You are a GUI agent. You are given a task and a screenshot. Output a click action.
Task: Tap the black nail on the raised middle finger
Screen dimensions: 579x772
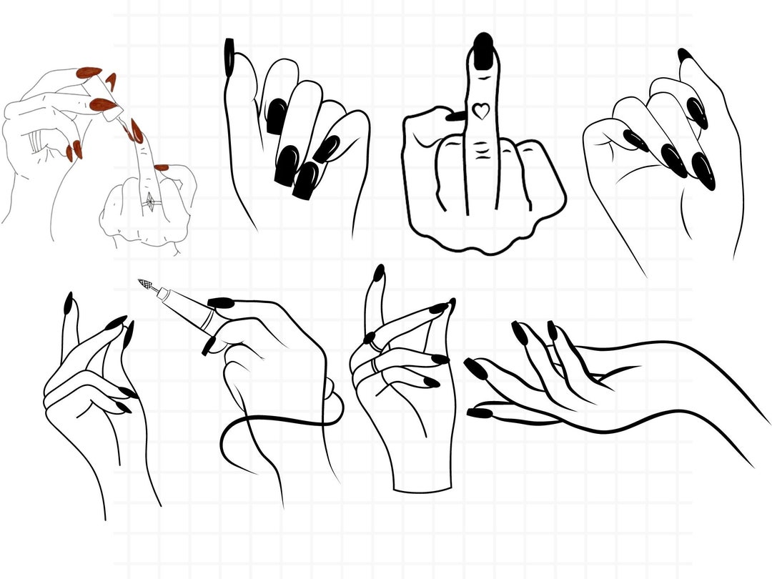pyautogui.click(x=484, y=51)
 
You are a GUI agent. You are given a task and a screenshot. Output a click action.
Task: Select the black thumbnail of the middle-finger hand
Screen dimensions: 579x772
pyautogui.click(x=455, y=116)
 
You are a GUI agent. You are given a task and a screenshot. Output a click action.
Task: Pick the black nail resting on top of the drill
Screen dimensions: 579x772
pyautogui.click(x=220, y=303)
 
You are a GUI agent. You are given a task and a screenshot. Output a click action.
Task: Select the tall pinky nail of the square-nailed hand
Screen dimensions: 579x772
pyautogui.click(x=229, y=57)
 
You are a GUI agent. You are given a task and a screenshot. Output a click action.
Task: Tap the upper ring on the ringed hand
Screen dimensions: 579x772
pyautogui.click(x=374, y=345)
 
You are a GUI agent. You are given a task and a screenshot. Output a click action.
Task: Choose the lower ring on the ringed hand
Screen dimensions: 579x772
pyautogui.click(x=374, y=366)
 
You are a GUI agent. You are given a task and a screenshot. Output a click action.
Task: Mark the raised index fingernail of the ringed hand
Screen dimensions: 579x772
pyautogui.click(x=379, y=273)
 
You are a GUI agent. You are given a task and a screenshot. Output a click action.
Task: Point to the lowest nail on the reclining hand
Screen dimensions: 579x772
pyautogui.click(x=479, y=413)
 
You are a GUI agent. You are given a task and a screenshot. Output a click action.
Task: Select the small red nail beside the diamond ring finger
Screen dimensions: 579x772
pyautogui.click(x=161, y=168)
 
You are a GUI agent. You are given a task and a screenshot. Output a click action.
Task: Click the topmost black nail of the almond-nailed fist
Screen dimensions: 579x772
pyautogui.click(x=684, y=54)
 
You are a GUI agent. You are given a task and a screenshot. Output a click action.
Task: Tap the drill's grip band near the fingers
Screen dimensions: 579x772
pyautogui.click(x=209, y=319)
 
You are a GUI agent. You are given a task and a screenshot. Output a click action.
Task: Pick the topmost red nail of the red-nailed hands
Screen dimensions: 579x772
pyautogui.click(x=89, y=71)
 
